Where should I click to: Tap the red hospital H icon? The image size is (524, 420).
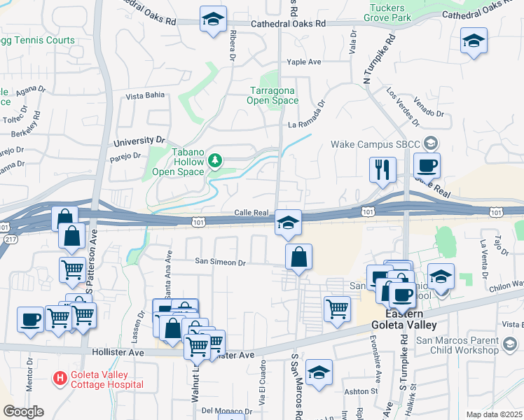click(x=61, y=379)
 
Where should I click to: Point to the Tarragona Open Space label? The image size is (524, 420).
click(x=273, y=95)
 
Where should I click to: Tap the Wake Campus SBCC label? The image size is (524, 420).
click(x=375, y=145)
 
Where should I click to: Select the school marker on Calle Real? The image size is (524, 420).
click(x=288, y=223)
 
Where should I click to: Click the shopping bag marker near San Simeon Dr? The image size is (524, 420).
click(x=298, y=257)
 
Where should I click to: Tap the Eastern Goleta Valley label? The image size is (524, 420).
click(x=402, y=320)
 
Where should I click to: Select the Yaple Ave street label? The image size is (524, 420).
click(x=303, y=62)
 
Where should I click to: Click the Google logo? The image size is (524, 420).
click(x=23, y=412)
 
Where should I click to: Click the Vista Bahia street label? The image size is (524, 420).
click(x=146, y=96)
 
